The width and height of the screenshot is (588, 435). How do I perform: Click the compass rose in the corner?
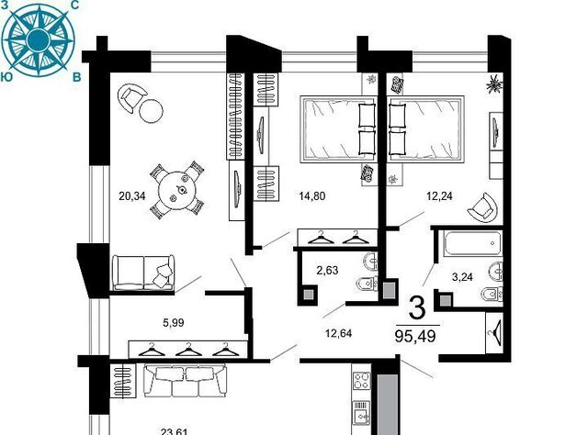tap(39, 39)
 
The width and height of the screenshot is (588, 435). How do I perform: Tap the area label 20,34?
tap(132, 196)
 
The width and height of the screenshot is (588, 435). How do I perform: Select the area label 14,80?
tap(312, 196)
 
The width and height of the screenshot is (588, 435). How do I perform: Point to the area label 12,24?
tap(439, 196)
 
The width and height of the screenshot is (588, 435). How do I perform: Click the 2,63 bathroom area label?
tap(327, 270)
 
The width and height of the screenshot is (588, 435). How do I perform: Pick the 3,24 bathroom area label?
tap(462, 277)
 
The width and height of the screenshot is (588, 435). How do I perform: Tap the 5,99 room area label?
tap(174, 323)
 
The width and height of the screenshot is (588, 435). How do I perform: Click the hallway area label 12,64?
tap(339, 333)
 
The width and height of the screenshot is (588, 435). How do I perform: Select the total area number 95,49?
tap(415, 336)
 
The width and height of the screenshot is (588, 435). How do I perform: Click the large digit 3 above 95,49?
tap(417, 307)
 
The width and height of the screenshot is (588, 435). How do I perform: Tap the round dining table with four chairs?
tap(177, 190)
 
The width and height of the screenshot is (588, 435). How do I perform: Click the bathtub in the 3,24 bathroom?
tap(471, 244)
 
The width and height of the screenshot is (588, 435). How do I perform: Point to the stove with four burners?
tap(362, 381)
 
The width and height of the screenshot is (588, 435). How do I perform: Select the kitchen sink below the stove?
tap(362, 413)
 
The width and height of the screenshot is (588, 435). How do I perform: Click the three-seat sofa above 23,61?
tap(186, 380)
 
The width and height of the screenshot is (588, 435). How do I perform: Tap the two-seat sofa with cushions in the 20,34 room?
tap(143, 273)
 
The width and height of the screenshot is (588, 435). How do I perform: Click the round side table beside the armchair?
tap(151, 111)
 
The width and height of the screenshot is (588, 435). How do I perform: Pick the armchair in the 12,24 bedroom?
tap(483, 208)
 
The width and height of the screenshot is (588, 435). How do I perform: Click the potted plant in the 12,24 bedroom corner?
tap(494, 84)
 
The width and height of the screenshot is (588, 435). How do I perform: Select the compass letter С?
tap(74, 6)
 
